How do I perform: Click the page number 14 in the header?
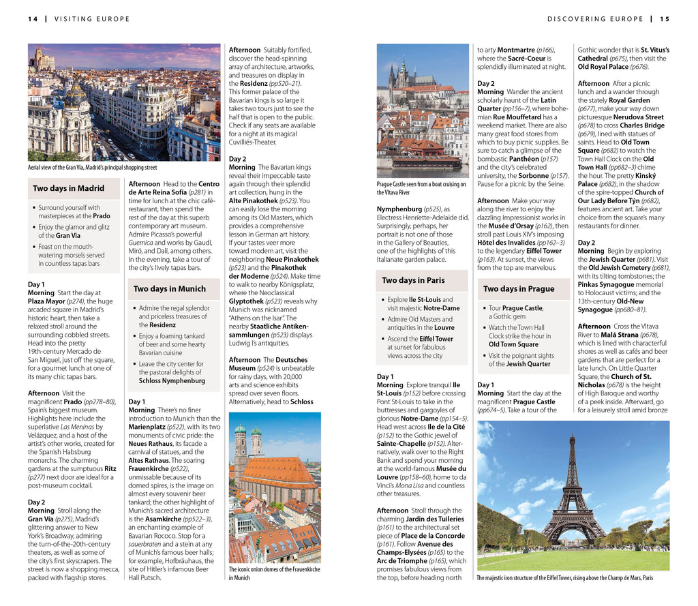(x=33, y=19)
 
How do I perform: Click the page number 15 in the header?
(x=665, y=19)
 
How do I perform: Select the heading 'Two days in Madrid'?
(x=69, y=188)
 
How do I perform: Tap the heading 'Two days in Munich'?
(x=169, y=289)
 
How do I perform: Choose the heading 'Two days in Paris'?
(x=413, y=280)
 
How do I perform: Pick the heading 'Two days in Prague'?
(x=519, y=289)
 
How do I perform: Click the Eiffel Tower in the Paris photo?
(x=573, y=491)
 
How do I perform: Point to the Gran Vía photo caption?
(x=92, y=167)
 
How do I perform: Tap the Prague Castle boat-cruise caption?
(x=421, y=188)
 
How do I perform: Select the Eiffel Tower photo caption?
(x=564, y=578)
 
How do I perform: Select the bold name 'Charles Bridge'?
(x=641, y=125)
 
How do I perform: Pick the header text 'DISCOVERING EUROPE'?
(x=595, y=19)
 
